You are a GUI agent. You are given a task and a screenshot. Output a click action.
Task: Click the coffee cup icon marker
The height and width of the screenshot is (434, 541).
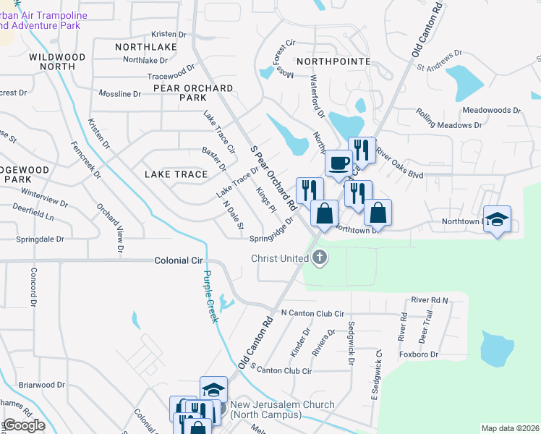coord(338,163)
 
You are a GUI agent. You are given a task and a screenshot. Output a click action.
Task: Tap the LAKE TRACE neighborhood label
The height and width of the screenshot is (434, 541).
coord(176,174)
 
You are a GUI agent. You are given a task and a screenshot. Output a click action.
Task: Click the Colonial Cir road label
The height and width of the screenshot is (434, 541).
coord(180,260)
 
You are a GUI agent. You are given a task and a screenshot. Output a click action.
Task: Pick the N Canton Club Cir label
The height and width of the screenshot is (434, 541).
coord(311,313)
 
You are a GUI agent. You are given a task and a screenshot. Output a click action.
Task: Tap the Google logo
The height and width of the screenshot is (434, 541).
coord(24,425)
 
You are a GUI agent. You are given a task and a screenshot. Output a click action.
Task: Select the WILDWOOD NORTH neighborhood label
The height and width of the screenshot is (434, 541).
coord(57,61)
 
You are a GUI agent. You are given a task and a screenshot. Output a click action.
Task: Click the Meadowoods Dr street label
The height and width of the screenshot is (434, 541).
coord(491,111)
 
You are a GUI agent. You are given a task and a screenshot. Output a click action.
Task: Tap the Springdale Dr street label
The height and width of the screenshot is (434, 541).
coord(41,238)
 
